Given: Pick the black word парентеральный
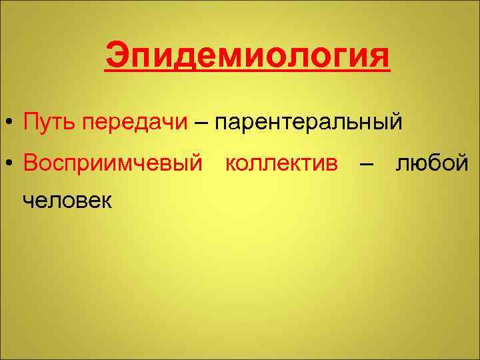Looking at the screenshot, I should tap(308, 123).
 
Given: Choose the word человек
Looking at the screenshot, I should tap(67, 199).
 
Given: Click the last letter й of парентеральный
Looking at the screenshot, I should tap(396, 122).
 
